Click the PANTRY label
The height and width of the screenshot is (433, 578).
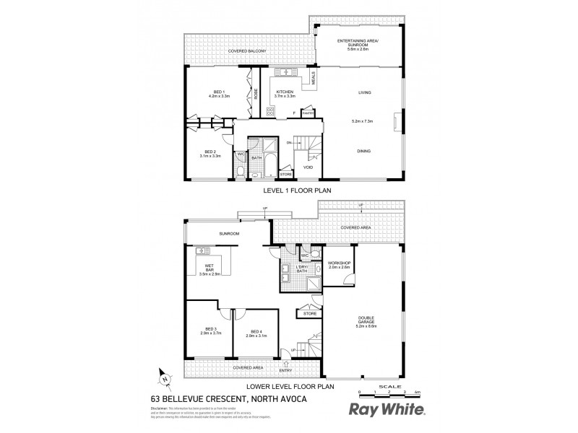click(306, 113)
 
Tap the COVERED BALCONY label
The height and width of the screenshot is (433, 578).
click(247, 52)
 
